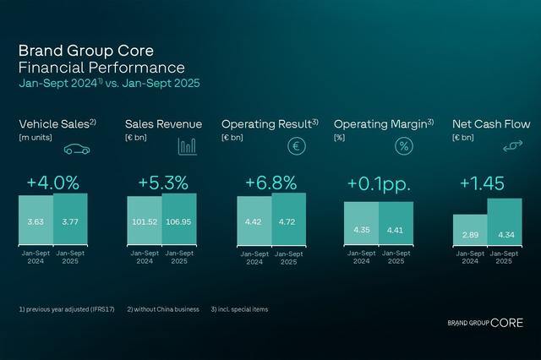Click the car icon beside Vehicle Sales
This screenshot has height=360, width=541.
(x=77, y=147)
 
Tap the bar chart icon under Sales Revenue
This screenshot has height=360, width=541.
(x=187, y=146)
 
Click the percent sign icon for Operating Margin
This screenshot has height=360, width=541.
(x=405, y=146)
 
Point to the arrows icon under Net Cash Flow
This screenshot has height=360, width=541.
(x=512, y=147)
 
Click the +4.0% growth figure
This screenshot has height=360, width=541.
(x=52, y=183)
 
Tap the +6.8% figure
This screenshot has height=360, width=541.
(x=271, y=183)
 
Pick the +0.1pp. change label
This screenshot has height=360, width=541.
(x=378, y=183)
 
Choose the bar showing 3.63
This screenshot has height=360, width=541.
(x=36, y=220)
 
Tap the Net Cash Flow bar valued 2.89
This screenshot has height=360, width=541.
(x=470, y=229)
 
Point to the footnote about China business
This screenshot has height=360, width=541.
(x=164, y=309)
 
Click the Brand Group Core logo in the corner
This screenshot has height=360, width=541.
(x=485, y=323)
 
